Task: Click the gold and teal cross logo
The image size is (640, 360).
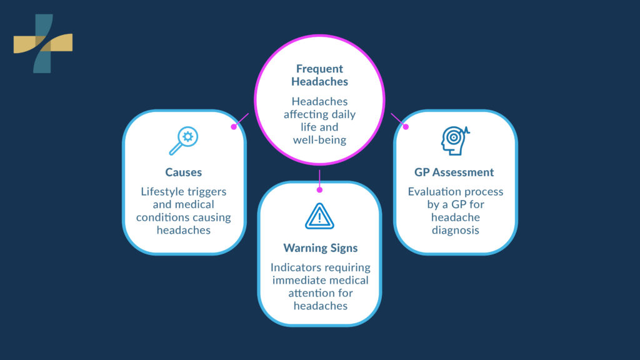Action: [x=43, y=43]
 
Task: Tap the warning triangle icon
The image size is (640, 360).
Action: [x=319, y=216]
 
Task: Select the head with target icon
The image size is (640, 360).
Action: [x=454, y=140]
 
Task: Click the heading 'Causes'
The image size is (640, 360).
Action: [x=184, y=172]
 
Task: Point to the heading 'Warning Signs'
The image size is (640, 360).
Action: [x=320, y=248]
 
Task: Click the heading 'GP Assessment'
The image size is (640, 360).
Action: [x=454, y=172]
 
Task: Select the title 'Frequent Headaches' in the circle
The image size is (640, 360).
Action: [x=319, y=75]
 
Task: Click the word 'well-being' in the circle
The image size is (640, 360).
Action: [x=319, y=139]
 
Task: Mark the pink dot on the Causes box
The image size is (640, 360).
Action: [x=234, y=126]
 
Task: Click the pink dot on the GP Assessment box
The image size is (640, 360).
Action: [x=405, y=126]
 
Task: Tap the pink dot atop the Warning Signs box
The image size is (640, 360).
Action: [x=319, y=189]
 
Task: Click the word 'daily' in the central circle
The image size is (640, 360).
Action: [x=343, y=114]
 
